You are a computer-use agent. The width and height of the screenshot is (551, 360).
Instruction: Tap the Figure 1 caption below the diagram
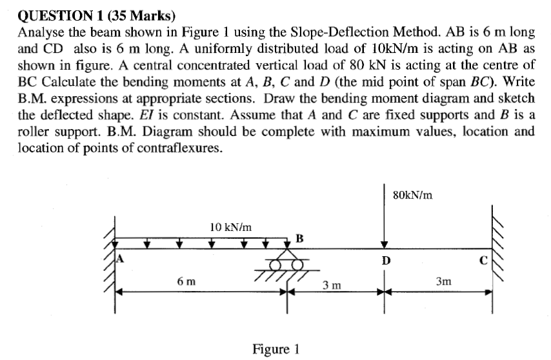[275, 349]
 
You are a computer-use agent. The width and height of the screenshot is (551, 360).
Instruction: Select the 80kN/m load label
[412, 194]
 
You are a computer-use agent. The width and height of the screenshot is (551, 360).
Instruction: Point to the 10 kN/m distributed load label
[230, 226]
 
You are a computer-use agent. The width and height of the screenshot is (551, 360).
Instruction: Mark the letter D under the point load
[385, 262]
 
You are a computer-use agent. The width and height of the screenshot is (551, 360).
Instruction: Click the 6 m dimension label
[187, 281]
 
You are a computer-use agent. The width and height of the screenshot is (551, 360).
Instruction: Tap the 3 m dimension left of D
[333, 285]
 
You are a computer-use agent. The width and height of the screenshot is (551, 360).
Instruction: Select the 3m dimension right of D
[444, 281]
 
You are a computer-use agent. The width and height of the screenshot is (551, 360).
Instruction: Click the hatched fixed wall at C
[501, 239]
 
